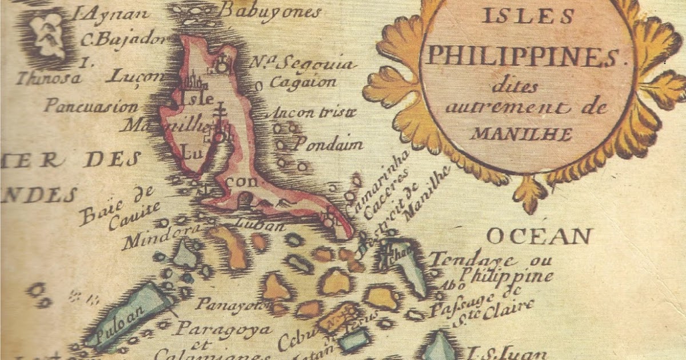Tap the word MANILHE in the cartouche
(x=522, y=135)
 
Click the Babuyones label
(x=270, y=11)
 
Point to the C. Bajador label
(x=123, y=40)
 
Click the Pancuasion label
(x=91, y=107)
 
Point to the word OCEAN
(x=539, y=235)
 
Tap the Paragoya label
(x=224, y=330)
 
